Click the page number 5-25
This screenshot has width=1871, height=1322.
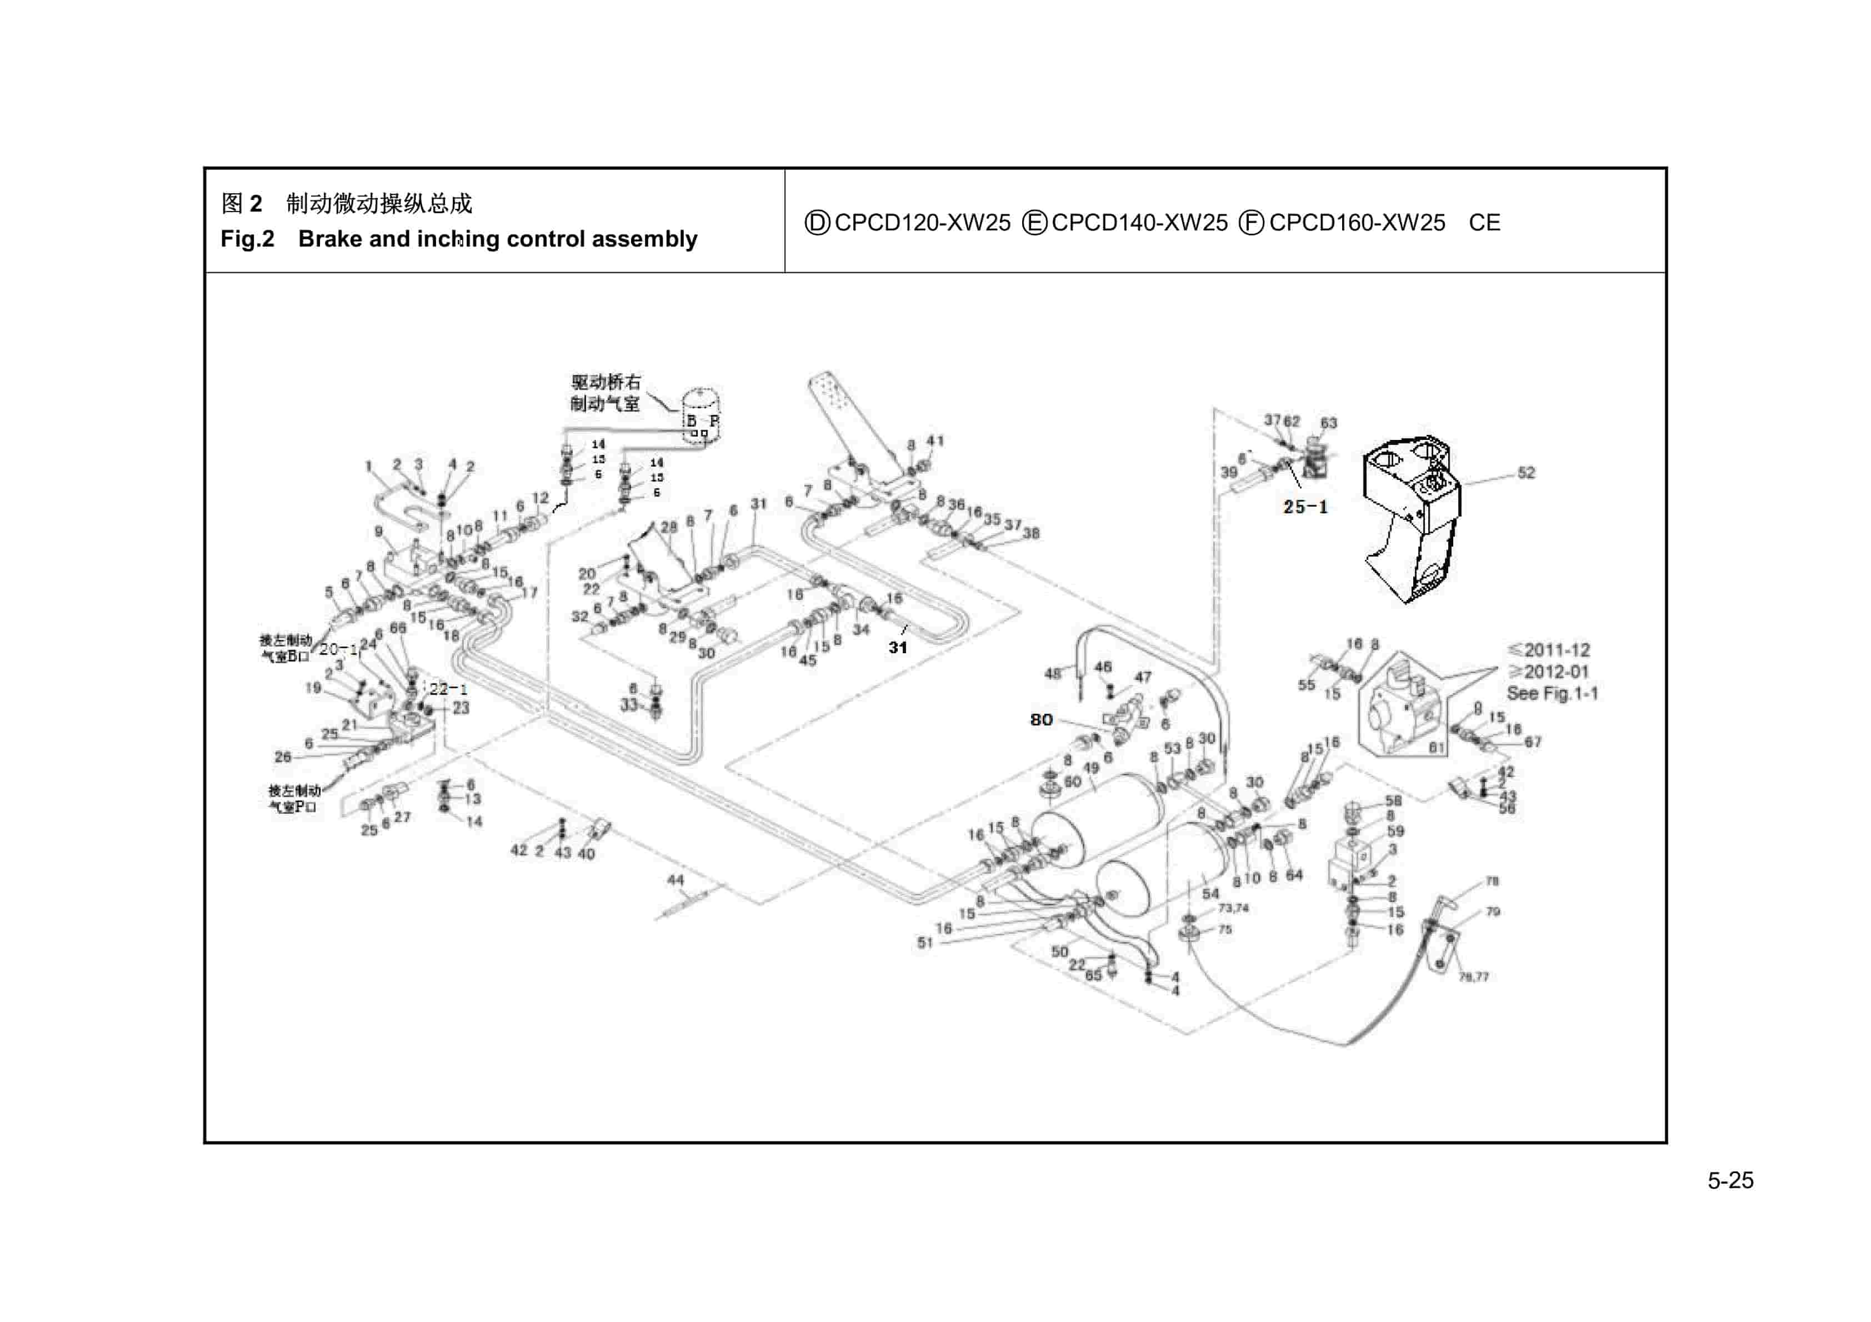coord(1730,1180)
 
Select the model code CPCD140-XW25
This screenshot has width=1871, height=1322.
coord(1138,223)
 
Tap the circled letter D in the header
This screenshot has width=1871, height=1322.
coord(817,223)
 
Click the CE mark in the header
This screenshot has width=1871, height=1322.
coord(1484,223)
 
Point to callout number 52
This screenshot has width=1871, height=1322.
coord(1525,473)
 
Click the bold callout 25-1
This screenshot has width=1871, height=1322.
coord(1305,507)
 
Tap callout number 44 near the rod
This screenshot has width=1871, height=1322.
coord(676,880)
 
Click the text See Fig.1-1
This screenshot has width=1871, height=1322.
coord(1552,694)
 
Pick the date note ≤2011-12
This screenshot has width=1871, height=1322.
coord(1548,650)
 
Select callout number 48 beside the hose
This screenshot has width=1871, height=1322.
coord(1052,673)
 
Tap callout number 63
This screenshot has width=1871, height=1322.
coord(1328,423)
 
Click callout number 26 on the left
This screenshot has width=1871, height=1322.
coord(282,757)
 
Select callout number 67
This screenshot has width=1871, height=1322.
coord(1532,742)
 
